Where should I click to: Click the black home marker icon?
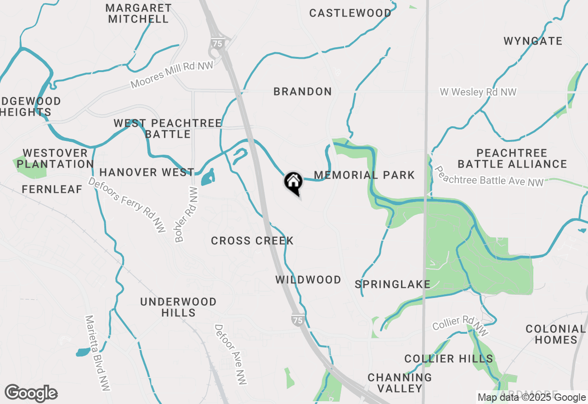[x=293, y=182]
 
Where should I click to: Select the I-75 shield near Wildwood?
[x=298, y=320]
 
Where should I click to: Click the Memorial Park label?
[x=364, y=175]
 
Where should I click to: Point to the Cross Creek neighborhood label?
[x=252, y=241]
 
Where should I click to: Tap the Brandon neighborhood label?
[x=302, y=92]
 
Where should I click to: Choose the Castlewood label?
[x=350, y=13]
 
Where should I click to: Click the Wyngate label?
[x=533, y=41]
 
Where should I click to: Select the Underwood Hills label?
[x=178, y=307]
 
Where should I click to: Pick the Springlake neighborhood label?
[x=393, y=284]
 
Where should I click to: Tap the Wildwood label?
[x=308, y=280]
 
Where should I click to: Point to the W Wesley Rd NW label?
[x=478, y=92]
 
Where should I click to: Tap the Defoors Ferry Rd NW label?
[x=126, y=205]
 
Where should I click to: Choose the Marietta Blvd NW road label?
[x=97, y=353]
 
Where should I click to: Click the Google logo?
[x=31, y=393]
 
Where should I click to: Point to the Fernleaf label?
[x=52, y=189]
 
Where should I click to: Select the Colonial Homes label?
[x=555, y=334]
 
